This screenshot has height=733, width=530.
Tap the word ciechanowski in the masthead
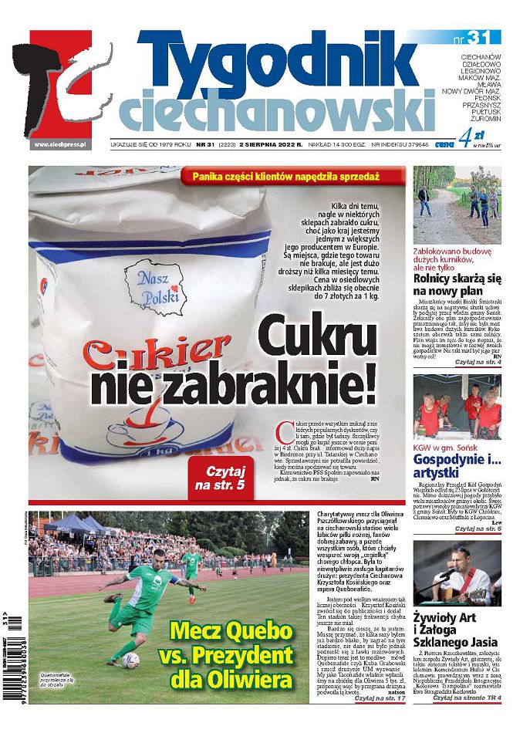[x=278, y=108]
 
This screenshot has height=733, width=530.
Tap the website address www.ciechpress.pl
[x=61, y=144]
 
